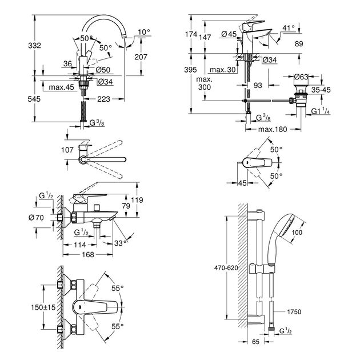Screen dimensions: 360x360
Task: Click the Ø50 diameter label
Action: [103, 69]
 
